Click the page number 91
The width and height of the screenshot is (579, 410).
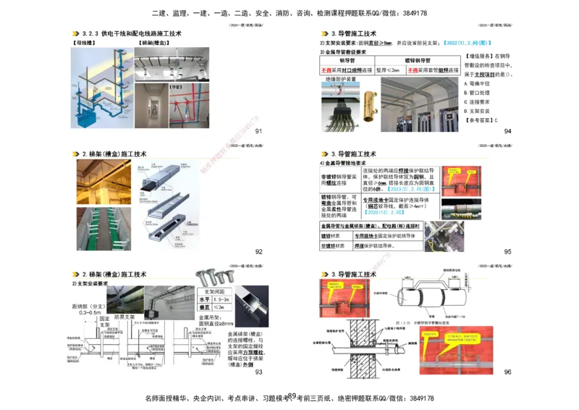tap(258, 131)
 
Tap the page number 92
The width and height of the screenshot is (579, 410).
tap(258, 251)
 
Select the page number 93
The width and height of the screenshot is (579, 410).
tap(258, 372)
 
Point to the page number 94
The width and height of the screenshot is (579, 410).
tap(507, 131)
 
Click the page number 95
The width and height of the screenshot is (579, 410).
tap(507, 251)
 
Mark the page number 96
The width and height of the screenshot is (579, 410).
tap(507, 372)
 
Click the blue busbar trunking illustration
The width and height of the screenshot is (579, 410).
tap(99, 88)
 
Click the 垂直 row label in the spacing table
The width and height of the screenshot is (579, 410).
tap(204, 307)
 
